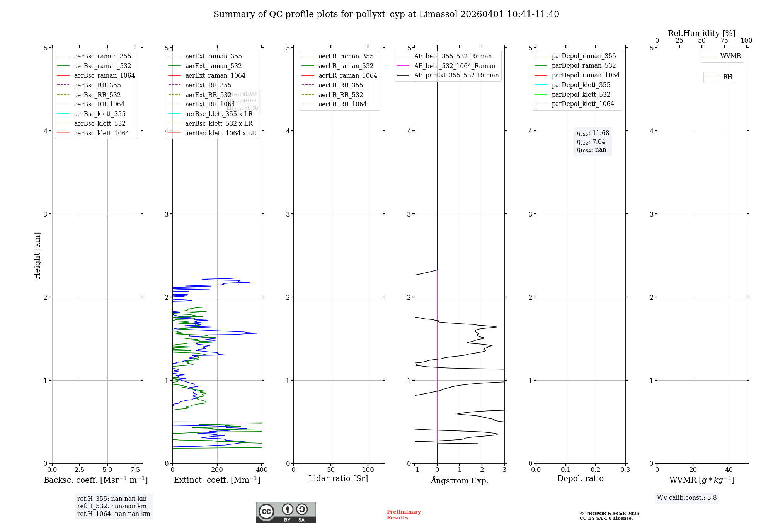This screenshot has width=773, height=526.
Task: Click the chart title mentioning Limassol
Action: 386,14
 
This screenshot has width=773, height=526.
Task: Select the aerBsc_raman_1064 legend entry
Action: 104,75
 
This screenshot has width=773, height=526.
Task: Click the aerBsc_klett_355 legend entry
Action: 99,114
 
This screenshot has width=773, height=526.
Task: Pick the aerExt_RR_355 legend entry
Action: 208,85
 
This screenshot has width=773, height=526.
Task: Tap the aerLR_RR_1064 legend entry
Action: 342,104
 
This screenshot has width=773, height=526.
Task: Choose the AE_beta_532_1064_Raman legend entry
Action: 455,66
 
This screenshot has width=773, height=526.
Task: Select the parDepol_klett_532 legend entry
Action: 581,94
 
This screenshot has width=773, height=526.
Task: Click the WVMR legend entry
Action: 730,56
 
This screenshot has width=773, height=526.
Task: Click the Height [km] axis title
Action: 37,255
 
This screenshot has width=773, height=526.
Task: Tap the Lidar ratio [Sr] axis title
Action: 338,478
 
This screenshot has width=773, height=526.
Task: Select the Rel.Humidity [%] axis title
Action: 701,33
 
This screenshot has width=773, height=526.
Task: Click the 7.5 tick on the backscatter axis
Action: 135,470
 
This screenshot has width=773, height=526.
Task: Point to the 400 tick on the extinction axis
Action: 262,470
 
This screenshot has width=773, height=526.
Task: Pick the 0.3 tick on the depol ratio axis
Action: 625,470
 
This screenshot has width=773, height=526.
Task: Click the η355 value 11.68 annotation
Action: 593,133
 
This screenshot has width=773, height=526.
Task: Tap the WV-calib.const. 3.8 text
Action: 687,498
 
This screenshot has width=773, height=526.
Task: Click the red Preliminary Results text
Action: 404,515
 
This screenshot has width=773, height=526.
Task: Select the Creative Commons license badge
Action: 286,512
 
